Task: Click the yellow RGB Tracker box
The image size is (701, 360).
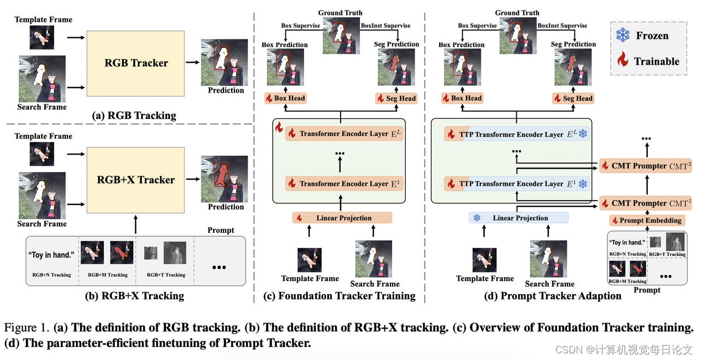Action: coord(136,62)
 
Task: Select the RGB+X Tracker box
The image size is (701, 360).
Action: coord(136,180)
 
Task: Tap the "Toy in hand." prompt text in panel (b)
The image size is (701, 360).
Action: coord(51,255)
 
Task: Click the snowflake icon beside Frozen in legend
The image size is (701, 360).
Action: coord(623,36)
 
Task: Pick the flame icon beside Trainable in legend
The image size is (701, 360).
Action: coord(623,61)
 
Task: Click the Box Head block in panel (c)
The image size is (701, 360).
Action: coord(285,98)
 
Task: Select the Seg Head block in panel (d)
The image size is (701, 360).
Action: coord(572,98)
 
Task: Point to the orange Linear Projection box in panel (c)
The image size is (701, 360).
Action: coord(342,218)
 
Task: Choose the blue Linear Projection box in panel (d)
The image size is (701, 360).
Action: coord(519,218)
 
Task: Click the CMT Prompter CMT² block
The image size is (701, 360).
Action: coord(645,165)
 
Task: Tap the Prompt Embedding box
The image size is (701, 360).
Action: coord(646,220)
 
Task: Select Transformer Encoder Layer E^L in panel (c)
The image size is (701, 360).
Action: coord(344,134)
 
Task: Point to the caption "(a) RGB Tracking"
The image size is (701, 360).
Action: coord(135,115)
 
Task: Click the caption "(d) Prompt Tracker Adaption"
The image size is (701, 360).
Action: coord(553,296)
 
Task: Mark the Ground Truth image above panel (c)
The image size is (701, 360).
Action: coord(341,35)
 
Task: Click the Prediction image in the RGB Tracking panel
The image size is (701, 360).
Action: coord(223,62)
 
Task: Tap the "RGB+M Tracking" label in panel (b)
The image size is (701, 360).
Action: coord(107,275)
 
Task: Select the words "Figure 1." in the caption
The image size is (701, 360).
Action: coord(27,328)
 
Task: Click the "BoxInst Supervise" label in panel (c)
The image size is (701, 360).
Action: coord(386,25)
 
